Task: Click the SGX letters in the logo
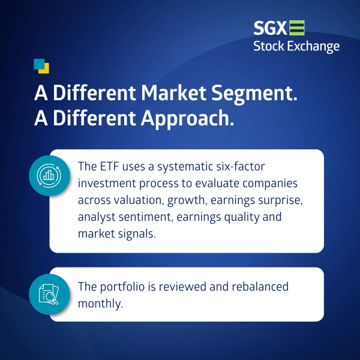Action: click(270, 28)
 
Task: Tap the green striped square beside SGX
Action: click(297, 28)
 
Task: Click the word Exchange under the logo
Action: click(313, 47)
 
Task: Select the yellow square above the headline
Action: click(44, 69)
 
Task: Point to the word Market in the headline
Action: click(173, 93)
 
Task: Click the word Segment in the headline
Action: click(254, 94)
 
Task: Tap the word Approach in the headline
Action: click(187, 119)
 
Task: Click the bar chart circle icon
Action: click(49, 176)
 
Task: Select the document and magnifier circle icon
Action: click(49, 294)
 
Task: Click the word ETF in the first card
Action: click(110, 166)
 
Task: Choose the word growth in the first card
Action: click(186, 200)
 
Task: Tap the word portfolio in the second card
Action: click(122, 287)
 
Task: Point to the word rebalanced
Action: click(260, 287)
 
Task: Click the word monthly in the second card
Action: click(100, 304)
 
